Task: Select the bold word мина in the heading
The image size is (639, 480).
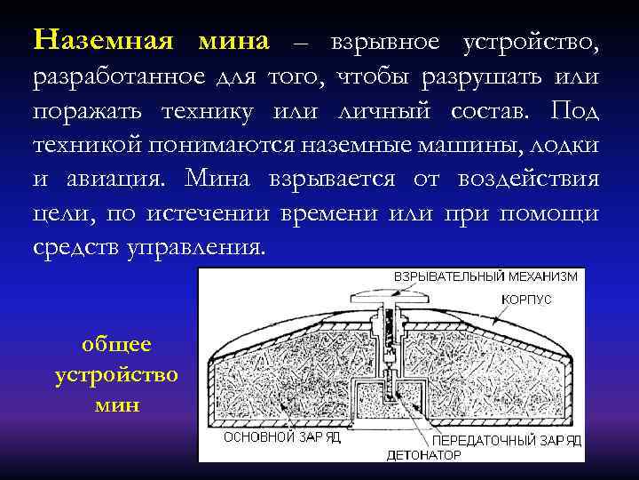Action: click(x=233, y=41)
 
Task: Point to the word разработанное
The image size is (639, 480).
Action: click(x=117, y=78)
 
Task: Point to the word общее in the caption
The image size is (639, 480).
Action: click(x=116, y=345)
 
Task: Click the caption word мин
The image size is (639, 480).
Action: click(x=116, y=405)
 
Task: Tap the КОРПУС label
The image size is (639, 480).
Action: click(x=526, y=300)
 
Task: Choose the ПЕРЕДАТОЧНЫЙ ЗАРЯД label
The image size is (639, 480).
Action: click(x=507, y=441)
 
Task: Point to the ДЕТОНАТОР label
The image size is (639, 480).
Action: click(x=424, y=455)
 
